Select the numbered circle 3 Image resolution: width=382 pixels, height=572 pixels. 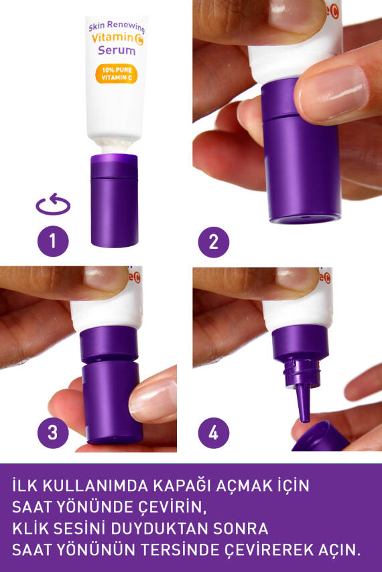(x=53, y=433)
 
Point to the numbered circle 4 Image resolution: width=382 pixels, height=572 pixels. (x=213, y=433)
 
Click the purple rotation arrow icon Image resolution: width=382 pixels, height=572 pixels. (x=53, y=205)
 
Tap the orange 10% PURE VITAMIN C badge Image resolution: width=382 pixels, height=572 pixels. (x=117, y=73)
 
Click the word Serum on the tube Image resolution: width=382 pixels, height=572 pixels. (x=117, y=50)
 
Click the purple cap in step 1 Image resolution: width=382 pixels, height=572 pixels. (x=114, y=201)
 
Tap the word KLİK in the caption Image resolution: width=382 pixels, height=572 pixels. (x=33, y=529)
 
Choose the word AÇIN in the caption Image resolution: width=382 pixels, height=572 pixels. (x=339, y=550)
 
